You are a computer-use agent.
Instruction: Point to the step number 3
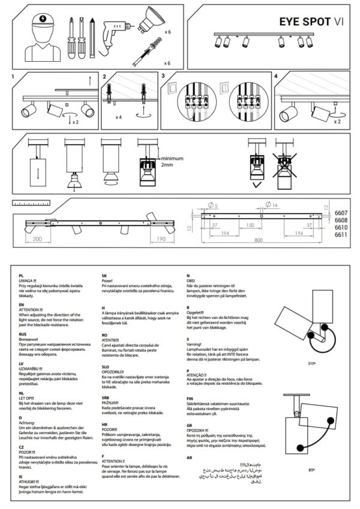click(x=163, y=77)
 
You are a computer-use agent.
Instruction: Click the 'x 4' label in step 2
click(x=120, y=116)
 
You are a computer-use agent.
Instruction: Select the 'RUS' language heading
click(x=23, y=335)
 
